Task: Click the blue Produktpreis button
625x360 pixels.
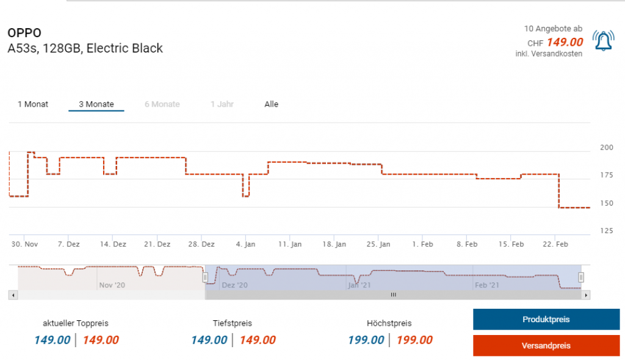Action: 546,319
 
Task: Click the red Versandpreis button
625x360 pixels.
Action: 546,345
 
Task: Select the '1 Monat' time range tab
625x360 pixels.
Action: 33,104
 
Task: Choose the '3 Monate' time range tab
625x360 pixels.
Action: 96,104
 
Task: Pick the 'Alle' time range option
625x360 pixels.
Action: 272,104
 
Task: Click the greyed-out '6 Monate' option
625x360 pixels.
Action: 162,104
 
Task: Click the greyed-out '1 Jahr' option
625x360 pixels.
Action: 222,104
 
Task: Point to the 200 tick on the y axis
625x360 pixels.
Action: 607,147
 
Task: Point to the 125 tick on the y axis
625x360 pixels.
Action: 607,230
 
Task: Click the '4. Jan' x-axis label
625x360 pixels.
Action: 245,244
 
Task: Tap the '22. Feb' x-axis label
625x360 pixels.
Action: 555,244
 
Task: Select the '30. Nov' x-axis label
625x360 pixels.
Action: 24,244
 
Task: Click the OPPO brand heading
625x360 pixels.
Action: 24,33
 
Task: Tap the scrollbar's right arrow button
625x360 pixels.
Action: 587,295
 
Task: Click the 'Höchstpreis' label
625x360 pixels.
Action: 389,323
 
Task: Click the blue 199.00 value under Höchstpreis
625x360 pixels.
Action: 366,340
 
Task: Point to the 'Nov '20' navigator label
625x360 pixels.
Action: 112,285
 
